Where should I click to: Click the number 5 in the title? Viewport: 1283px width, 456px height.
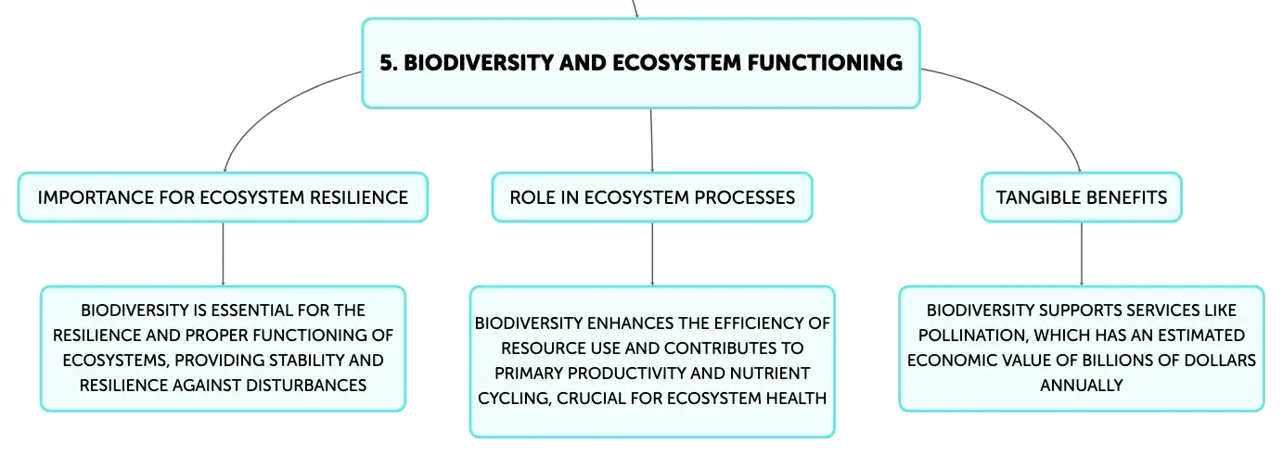click(x=388, y=63)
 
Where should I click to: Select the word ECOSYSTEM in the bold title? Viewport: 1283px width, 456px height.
click(x=677, y=63)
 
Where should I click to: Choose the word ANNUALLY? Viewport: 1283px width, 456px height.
click(x=1082, y=386)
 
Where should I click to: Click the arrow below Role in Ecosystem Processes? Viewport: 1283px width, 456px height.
click(x=652, y=254)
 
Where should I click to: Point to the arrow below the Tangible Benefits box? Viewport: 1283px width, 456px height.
click(x=1082, y=254)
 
